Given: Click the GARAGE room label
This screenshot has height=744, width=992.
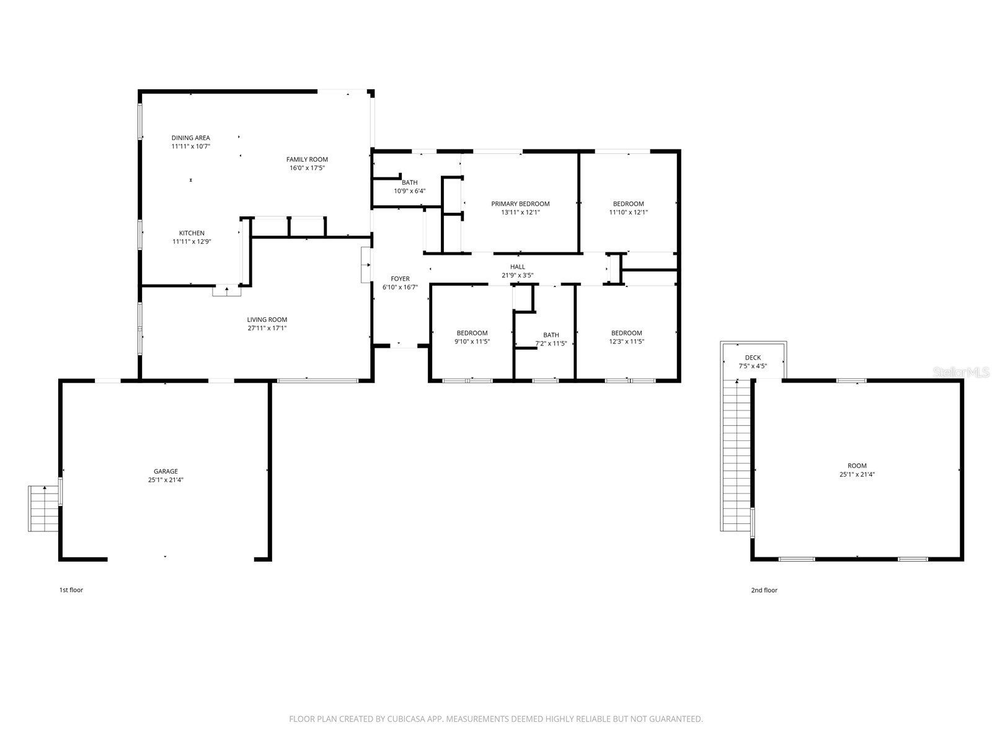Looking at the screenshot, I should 166,471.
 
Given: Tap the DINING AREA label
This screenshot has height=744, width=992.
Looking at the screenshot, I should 190,138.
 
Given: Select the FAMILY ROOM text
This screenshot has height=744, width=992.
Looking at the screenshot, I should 307,159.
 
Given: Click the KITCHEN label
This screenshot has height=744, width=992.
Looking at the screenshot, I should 192,233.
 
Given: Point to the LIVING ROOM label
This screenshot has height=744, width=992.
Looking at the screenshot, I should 267,320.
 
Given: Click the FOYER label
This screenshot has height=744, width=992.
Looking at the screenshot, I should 400,279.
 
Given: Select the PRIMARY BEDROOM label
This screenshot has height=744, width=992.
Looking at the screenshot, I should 520,203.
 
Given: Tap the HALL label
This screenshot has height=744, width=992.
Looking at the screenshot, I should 518,267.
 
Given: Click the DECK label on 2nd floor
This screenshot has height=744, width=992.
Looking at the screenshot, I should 753,358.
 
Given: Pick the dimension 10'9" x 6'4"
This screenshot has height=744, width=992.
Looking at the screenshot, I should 409,191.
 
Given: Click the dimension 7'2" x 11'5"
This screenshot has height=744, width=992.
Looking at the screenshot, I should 551,343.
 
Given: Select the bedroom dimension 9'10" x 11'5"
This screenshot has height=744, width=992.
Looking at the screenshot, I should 472,342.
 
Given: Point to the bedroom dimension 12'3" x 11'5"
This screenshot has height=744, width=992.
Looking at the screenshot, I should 626,342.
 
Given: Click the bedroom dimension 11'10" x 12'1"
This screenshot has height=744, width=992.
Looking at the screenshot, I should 628,212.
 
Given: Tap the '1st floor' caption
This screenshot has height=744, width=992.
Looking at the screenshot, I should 71,590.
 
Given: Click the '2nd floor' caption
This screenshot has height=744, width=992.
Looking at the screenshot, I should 764,590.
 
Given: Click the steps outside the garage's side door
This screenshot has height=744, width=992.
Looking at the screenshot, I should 43,508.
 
